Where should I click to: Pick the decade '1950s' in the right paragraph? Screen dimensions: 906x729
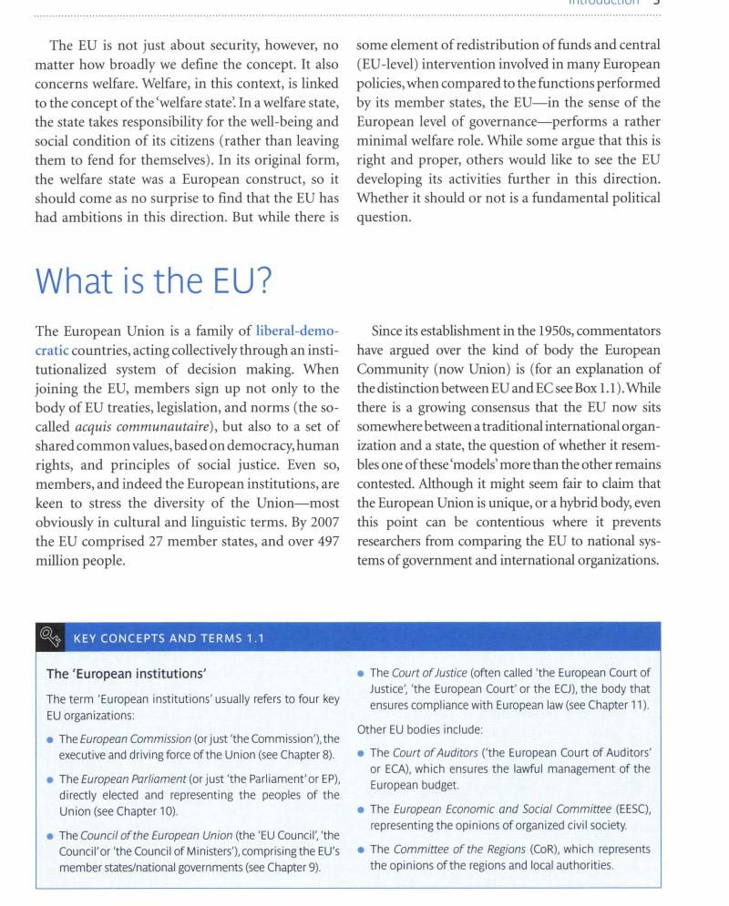[x=556, y=352]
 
